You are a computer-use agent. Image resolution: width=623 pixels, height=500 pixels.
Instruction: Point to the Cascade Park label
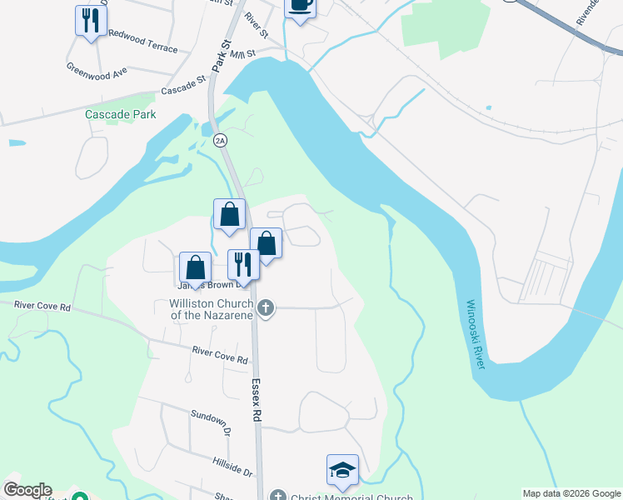coord(120,113)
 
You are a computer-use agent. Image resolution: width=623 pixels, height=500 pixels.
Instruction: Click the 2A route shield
coord(220,141)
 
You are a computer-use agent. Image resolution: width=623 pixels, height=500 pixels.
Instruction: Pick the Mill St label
coord(242,54)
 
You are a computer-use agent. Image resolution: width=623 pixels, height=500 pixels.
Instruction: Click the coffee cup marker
coord(301,7)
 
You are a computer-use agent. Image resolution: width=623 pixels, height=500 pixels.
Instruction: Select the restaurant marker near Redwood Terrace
coord(91,20)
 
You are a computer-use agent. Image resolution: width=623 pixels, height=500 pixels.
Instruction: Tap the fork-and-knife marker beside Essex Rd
coord(243,264)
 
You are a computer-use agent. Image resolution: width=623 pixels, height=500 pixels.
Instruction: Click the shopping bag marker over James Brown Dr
coord(195,267)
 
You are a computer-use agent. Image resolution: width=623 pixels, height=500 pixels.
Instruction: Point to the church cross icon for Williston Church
coord(266,308)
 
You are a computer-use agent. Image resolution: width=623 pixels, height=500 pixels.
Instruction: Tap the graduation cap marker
coord(342,471)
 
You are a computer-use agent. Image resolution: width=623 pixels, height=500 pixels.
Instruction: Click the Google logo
coord(27,490)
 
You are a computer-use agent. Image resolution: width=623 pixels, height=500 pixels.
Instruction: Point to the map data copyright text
coord(571,493)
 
